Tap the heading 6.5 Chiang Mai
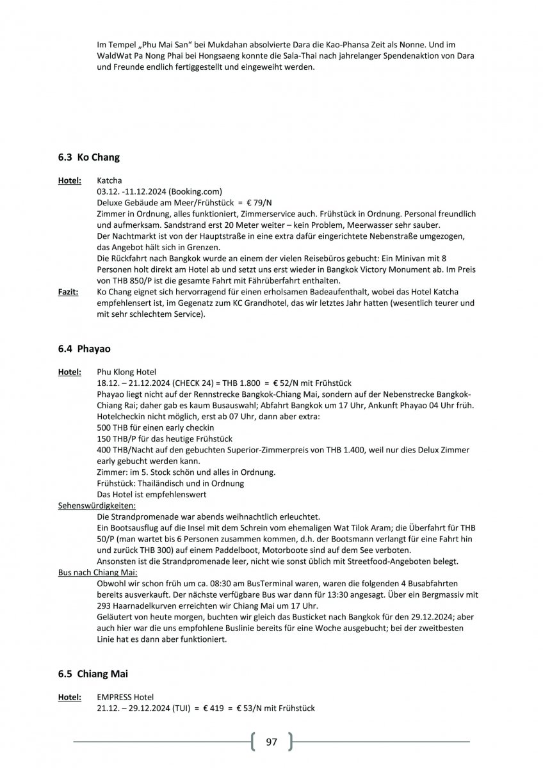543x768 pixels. [x=95, y=674]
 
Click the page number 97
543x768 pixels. [x=271, y=742]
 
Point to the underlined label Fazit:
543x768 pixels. [x=69, y=292]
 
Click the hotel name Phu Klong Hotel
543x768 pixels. [x=127, y=372]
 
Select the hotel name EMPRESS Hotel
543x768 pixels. [x=126, y=697]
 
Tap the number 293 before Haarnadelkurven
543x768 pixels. [x=105, y=606]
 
